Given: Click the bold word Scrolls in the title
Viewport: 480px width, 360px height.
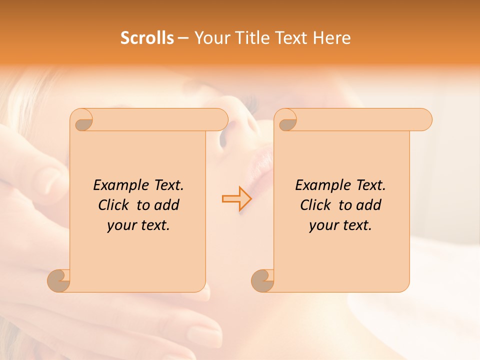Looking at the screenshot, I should pyautogui.click(x=147, y=38).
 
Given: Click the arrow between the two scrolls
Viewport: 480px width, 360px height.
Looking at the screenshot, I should pyautogui.click(x=236, y=198).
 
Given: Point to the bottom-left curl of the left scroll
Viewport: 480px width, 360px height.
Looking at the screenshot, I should pyautogui.click(x=59, y=280).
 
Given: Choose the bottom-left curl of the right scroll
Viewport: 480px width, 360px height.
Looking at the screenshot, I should pyautogui.click(x=263, y=280).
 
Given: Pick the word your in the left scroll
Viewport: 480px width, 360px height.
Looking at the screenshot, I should pyautogui.click(x=121, y=225).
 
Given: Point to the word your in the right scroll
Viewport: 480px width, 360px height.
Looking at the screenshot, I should pyautogui.click(x=323, y=225).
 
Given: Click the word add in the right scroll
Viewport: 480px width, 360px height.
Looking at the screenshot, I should pyautogui.click(x=369, y=205).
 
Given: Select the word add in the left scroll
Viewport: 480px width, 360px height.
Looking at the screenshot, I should pyautogui.click(x=167, y=205).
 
